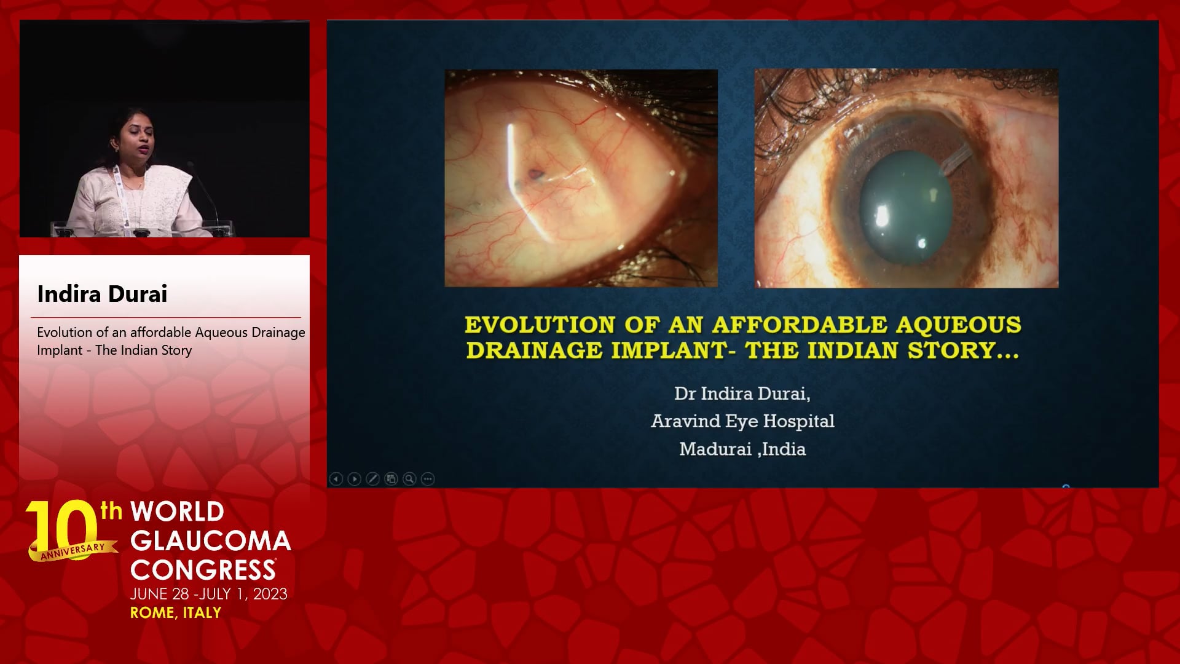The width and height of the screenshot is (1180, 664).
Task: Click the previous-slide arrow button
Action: [x=336, y=479]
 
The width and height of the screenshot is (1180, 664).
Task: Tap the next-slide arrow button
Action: [x=354, y=479]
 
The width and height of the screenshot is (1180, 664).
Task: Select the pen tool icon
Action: [x=372, y=479]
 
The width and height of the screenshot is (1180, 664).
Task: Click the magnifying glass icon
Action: [x=409, y=479]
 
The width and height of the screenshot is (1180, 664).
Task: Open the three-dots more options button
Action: [x=428, y=479]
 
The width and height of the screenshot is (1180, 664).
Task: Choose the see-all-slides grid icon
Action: [x=391, y=479]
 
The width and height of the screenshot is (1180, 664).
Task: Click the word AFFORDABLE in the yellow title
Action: [x=800, y=325]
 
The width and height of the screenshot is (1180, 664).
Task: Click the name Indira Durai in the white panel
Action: [x=102, y=294]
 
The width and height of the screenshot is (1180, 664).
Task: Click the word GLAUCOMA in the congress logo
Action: [x=210, y=541]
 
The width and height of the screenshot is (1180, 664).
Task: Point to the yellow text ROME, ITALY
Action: [x=176, y=612]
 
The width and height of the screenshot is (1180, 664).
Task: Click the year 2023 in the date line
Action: [x=270, y=594]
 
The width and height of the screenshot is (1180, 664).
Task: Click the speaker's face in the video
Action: [x=137, y=139]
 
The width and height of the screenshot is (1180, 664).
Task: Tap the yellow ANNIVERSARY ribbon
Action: [x=73, y=550]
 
